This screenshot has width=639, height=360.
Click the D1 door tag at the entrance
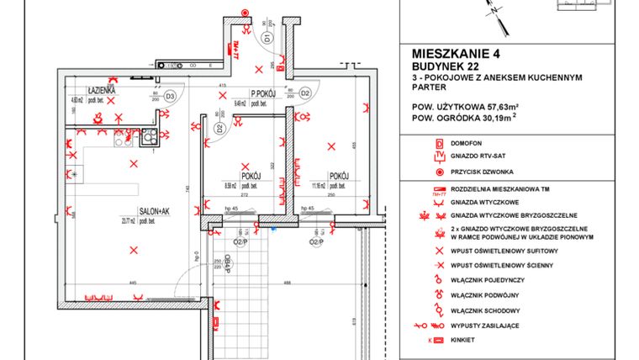coord(267,38)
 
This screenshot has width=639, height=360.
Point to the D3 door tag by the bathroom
coord(169,96)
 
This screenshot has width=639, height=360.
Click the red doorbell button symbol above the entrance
coord(245,13)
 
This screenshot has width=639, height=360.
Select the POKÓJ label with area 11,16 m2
coord(339,176)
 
